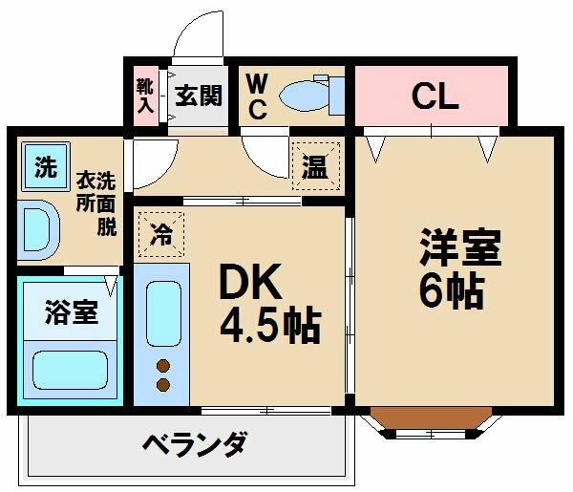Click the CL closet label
coord(435,96)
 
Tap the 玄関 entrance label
coord(199,96)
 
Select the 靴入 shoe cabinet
coord(145,96)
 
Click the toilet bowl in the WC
coord(304,95)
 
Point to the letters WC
coord(257,96)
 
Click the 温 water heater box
coord(316,166)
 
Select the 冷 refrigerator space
coord(161,234)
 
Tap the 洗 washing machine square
coord(46,166)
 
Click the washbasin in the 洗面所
coord(38,230)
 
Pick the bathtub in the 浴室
coord(70,370)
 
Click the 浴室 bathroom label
coord(72,312)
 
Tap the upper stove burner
coord(163,365)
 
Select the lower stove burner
coord(163,384)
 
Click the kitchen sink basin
coord(163,314)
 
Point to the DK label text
coord(250,281)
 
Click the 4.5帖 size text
coord(270,327)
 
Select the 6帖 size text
coord(452,289)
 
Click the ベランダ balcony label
coord(195,444)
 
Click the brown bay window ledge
coord(432,417)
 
